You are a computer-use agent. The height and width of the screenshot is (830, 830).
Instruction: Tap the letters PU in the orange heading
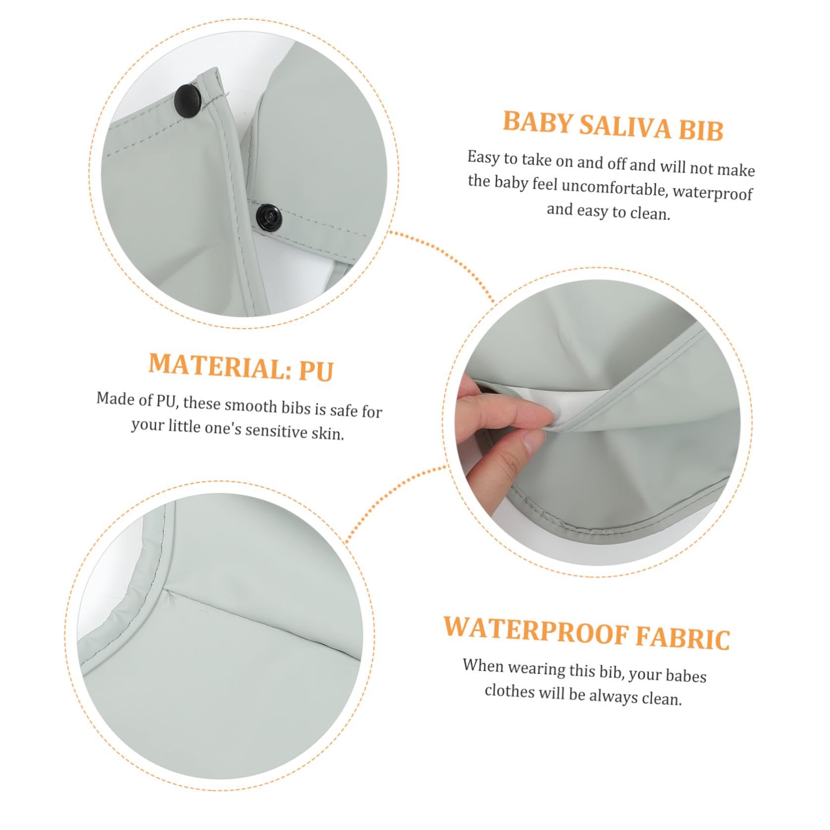[x=315, y=370]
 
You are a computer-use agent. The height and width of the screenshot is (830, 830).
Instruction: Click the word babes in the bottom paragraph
[x=686, y=674]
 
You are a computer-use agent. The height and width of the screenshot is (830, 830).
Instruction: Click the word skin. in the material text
[x=329, y=433]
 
